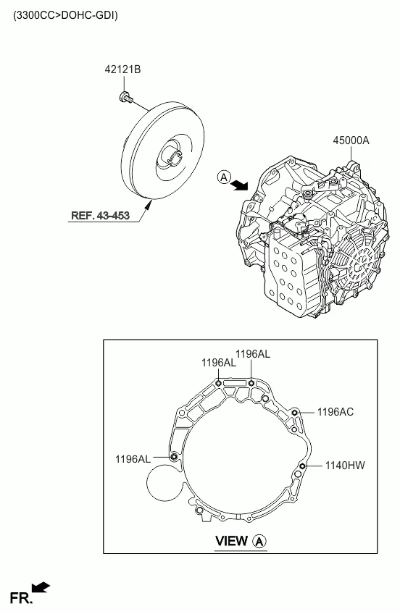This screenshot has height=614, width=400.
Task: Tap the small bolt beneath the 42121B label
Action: coord(125,96)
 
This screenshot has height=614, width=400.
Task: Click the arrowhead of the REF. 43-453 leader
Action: coord(150,205)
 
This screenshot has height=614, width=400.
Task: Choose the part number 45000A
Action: coord(351,140)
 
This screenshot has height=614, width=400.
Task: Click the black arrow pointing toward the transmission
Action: coord(238,186)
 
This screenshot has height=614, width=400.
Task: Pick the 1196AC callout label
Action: coord(335,412)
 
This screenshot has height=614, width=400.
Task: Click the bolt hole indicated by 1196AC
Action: coord(295,413)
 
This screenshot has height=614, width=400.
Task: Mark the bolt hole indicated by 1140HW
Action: coord(303,466)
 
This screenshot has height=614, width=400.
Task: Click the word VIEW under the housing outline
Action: coord(232,540)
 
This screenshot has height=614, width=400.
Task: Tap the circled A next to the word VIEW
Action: coord(259,541)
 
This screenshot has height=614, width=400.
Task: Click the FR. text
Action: coord(19,598)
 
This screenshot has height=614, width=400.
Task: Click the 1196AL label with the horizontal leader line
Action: coord(133,458)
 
